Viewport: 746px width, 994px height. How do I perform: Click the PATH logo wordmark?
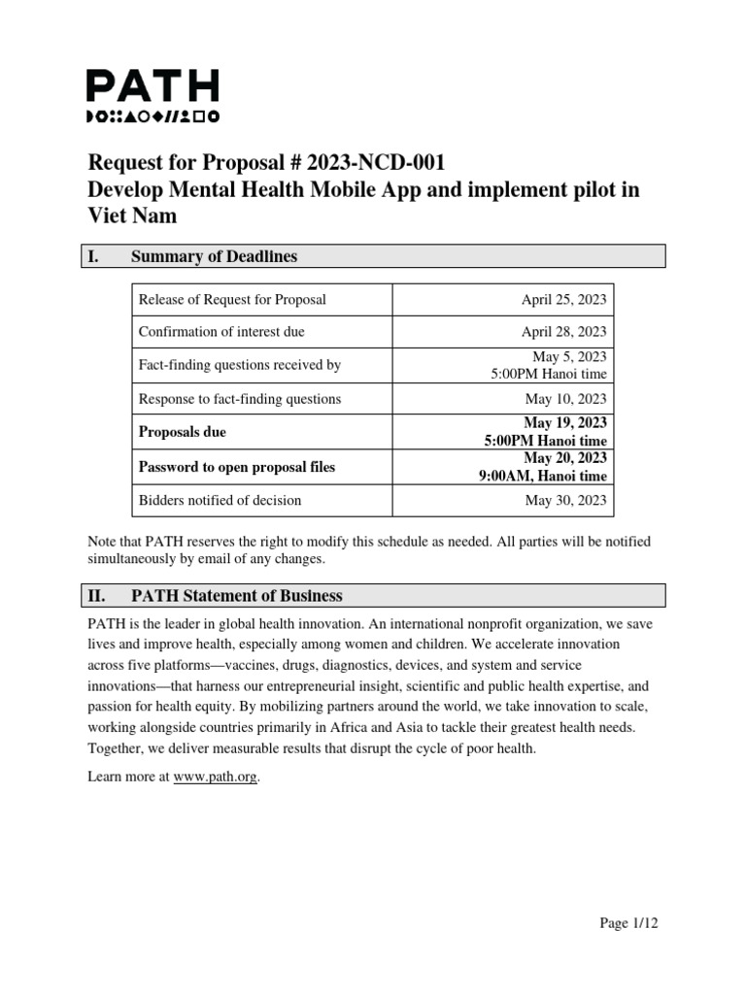click(153, 87)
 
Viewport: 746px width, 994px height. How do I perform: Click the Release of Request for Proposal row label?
click(232, 299)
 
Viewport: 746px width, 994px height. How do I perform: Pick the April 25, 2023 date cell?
click(563, 299)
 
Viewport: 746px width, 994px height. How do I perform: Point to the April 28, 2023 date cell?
click(563, 332)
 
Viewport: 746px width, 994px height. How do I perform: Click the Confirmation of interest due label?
click(221, 332)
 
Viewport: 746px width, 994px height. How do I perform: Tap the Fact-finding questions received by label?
click(240, 365)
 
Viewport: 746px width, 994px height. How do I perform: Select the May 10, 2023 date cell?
click(565, 399)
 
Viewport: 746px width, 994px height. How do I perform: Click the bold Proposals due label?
click(183, 432)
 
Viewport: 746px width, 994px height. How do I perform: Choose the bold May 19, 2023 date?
click(565, 423)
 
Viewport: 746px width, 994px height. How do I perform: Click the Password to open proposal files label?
click(237, 467)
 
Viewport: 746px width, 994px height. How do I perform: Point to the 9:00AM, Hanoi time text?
click(542, 476)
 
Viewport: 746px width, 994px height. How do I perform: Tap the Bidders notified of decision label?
click(220, 500)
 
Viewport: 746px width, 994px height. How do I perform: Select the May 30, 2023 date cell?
click(565, 500)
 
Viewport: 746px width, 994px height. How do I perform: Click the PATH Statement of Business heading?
click(237, 595)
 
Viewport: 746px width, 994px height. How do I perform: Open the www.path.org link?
click(216, 777)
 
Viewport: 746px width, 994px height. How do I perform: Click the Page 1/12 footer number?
click(627, 923)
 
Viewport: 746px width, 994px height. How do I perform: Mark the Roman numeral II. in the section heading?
click(97, 595)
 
